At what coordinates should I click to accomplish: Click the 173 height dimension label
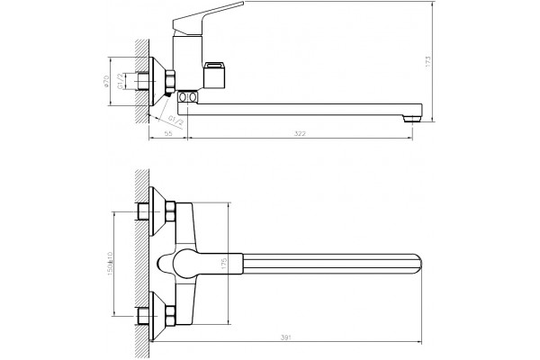point(428,61)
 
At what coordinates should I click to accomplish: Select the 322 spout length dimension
point(300,134)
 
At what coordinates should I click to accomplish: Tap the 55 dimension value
point(168,134)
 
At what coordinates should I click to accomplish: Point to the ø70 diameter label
point(106,81)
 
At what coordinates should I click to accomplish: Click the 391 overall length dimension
point(286,337)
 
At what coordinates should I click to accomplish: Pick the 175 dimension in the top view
point(224,264)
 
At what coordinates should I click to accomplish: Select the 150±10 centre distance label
point(110,264)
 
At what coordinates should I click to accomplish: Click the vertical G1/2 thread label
point(121,81)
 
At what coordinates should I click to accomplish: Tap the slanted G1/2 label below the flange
point(175,121)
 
